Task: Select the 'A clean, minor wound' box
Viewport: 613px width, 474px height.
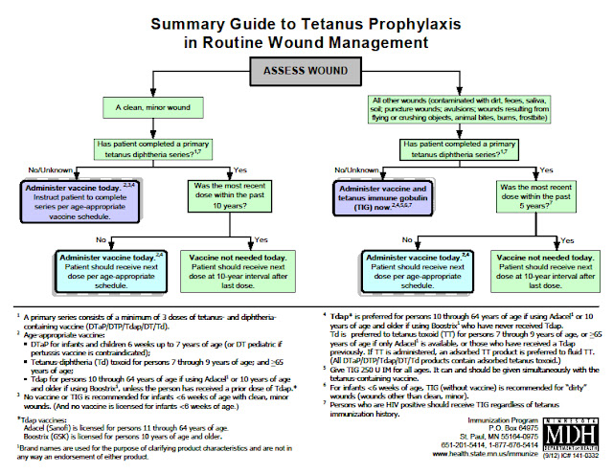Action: (154, 108)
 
